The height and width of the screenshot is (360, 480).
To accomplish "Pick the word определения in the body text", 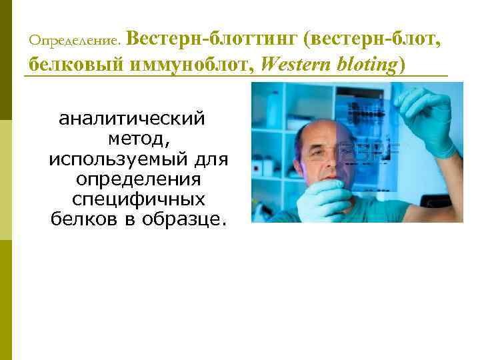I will [x=139, y=180].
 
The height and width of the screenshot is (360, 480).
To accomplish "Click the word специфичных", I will [x=138, y=200].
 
